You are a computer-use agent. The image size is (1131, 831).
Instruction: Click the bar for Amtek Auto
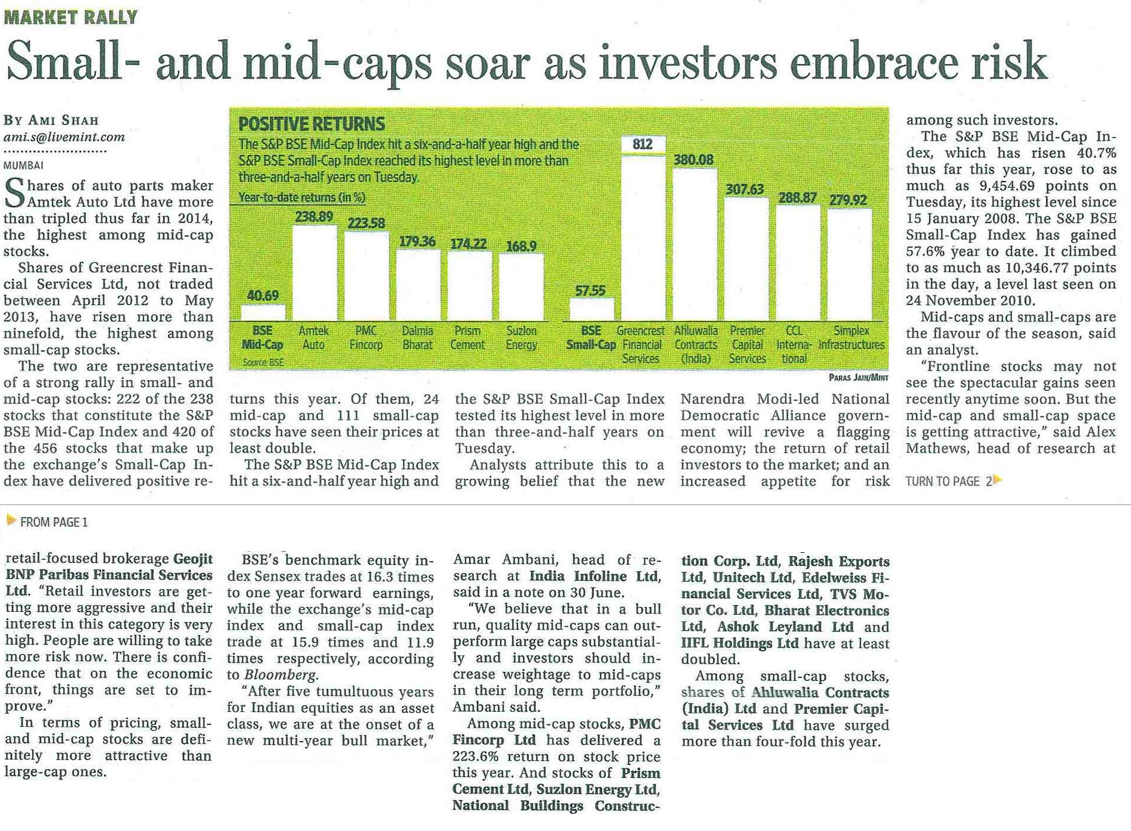point(314,273)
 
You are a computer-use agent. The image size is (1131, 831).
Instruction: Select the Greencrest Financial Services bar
point(643,238)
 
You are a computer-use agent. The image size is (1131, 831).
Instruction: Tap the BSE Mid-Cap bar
point(263,313)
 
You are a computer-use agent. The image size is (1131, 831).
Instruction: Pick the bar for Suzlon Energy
point(521,287)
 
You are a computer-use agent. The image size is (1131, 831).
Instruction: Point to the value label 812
point(643,144)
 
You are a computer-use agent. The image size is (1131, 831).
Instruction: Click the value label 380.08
point(693,160)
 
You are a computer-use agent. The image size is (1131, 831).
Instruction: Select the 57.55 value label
point(590,290)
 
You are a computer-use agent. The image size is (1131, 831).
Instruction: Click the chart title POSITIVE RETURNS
point(311,124)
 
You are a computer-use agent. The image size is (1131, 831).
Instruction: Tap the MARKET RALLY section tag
point(71,17)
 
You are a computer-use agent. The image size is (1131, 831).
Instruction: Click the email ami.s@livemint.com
point(64,137)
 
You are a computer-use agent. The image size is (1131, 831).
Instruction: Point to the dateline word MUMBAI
point(23,165)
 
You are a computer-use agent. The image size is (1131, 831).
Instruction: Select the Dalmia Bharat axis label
point(417,338)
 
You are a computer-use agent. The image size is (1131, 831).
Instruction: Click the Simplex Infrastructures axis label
point(851,338)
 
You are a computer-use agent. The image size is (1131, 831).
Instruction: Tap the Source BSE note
point(263,362)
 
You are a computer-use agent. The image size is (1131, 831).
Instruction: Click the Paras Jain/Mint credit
point(858,377)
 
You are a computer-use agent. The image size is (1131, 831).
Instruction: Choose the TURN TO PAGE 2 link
point(953,481)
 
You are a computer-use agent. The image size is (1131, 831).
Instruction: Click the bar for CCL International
point(798,262)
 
